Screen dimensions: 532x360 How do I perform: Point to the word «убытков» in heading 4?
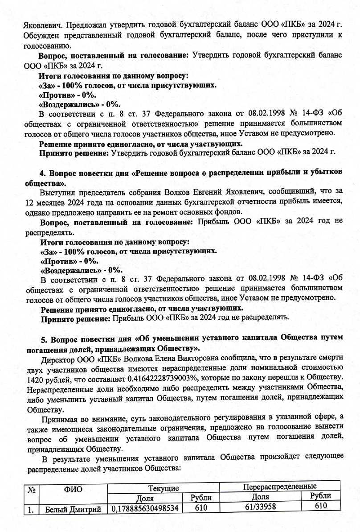[325, 173]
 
